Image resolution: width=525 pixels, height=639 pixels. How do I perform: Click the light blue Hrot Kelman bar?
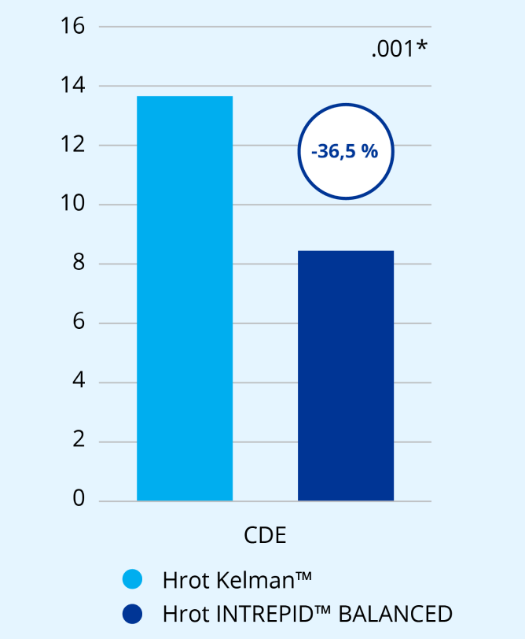tap(185, 299)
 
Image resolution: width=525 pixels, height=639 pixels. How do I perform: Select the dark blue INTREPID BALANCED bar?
tap(346, 375)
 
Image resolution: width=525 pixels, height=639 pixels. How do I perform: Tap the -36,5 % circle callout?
tap(345, 151)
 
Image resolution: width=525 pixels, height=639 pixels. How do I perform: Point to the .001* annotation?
tap(399, 50)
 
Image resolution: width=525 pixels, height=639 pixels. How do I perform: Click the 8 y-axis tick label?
tap(78, 263)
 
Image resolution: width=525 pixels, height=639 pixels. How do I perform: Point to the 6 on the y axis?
tap(78, 323)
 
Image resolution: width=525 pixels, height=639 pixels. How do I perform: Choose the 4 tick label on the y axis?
tap(78, 382)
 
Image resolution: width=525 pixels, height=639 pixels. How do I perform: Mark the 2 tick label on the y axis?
tap(78, 441)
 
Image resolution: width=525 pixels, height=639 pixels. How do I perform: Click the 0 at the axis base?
tap(78, 500)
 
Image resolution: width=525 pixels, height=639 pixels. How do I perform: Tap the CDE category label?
tap(265, 537)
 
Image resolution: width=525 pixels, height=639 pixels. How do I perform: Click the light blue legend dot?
tap(133, 580)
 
